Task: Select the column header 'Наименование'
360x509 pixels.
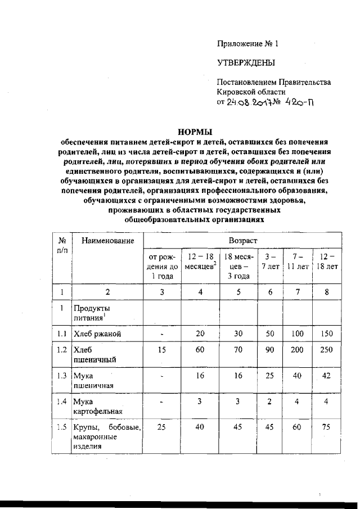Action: pos(107,241)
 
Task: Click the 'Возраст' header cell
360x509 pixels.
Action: pos(242,240)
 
